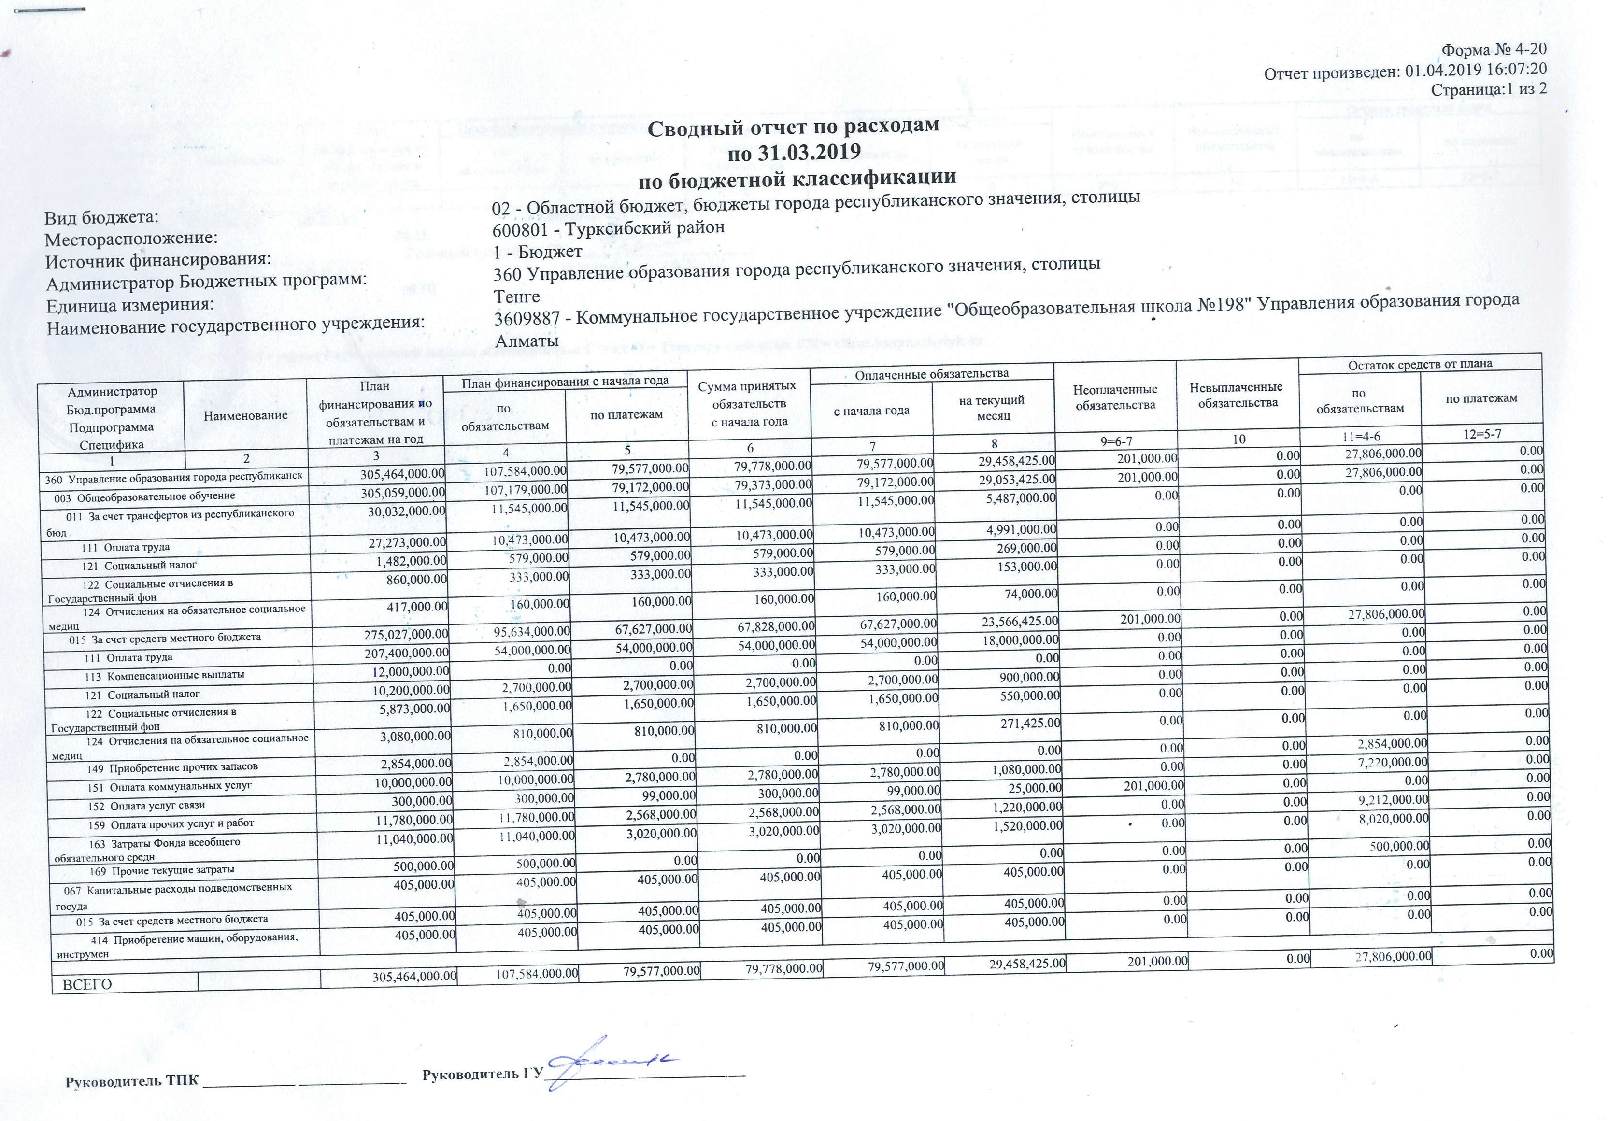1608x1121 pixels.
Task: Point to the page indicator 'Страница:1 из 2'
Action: click(x=1488, y=89)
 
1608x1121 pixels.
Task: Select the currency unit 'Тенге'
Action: click(x=517, y=297)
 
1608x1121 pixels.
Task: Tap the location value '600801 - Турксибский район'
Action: click(x=609, y=227)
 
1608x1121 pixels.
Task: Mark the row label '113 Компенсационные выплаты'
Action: click(x=165, y=676)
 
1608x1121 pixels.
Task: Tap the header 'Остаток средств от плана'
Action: click(x=1420, y=363)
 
